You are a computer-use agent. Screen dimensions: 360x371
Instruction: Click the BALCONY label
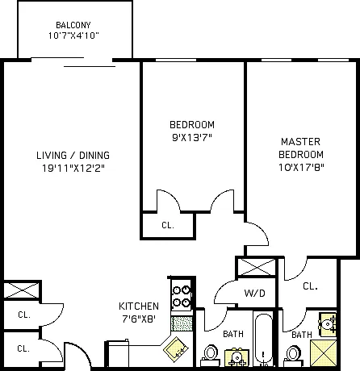coord(73,25)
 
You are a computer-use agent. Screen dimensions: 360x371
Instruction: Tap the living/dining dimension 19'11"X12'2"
coord(73,169)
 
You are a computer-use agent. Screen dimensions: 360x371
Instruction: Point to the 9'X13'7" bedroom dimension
coord(192,138)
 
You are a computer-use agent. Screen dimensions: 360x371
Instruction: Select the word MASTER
coord(300,142)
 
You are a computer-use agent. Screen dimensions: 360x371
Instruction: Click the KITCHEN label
coord(139,306)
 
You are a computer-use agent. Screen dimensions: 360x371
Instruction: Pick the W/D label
coord(254,293)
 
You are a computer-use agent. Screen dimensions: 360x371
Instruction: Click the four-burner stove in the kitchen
coord(182,295)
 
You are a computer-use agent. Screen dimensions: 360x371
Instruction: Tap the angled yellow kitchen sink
coord(176,349)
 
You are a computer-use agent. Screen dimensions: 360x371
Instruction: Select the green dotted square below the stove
coord(182,323)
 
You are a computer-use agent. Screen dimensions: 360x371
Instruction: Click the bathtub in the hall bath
coord(263,340)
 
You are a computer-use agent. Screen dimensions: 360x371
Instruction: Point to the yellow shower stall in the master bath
coord(324,353)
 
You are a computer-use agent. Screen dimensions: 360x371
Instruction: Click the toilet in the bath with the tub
coord(211,356)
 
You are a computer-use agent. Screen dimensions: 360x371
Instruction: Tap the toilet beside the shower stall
coord(293,356)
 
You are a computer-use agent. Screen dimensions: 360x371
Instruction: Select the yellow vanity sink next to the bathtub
coord(237,357)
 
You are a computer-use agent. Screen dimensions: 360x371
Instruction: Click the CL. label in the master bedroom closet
coord(310,286)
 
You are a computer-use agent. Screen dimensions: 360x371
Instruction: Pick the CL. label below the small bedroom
coord(168,225)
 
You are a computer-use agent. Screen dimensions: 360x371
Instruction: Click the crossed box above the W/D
coord(257,267)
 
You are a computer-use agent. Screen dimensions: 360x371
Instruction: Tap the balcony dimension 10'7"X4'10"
coord(73,35)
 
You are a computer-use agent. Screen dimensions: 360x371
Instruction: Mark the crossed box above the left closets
coord(21,290)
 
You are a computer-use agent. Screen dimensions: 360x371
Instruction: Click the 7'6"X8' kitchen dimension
coord(139,319)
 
